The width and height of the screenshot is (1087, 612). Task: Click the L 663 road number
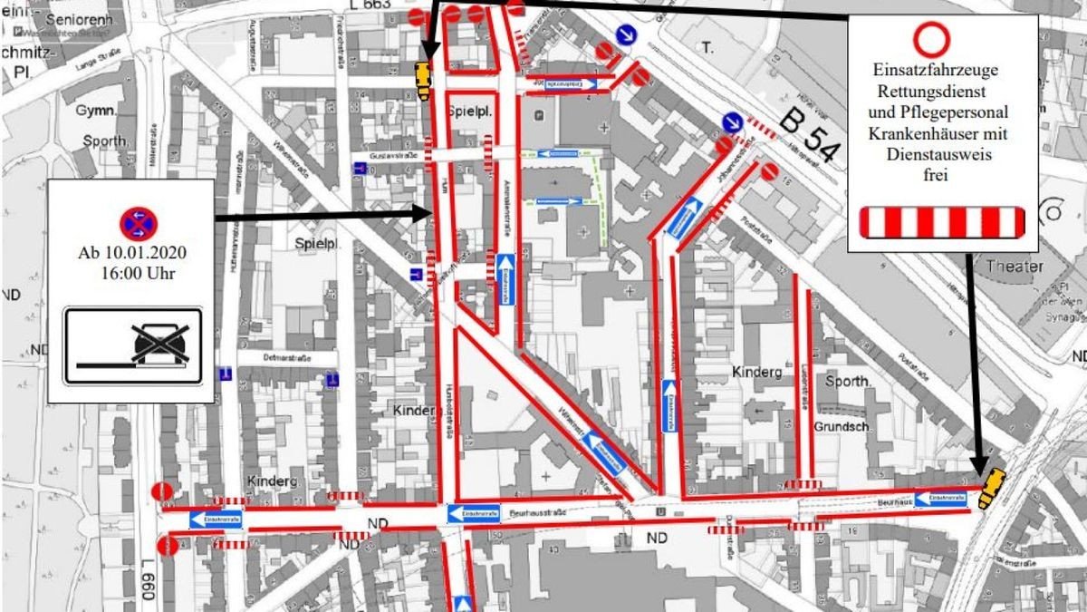tap(368, 5)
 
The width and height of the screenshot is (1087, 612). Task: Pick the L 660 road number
tap(147, 580)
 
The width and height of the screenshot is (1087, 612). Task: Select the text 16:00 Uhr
tap(131, 273)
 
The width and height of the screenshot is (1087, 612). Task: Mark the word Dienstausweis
tap(942, 155)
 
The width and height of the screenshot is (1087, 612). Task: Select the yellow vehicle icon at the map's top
tap(422, 77)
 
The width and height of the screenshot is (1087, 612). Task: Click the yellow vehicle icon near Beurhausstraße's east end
tap(993, 488)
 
